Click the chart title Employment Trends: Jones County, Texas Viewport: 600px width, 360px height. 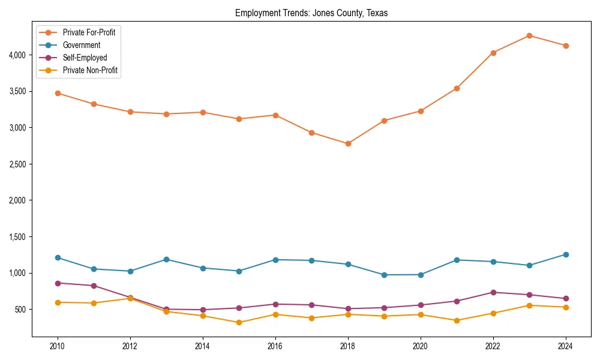pyautogui.click(x=311, y=13)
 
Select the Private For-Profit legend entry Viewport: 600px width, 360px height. pyautogui.click(x=89, y=32)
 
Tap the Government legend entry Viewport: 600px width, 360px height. pyautogui.click(x=81, y=45)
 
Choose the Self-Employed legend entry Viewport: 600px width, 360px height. pyautogui.click(x=85, y=58)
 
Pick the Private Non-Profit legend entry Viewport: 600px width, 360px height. pyautogui.click(x=90, y=70)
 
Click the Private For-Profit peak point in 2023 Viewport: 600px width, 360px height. pyautogui.click(x=529, y=35)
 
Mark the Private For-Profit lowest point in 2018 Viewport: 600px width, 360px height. pyautogui.click(x=348, y=143)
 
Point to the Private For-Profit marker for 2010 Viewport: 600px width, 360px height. pyautogui.click(x=58, y=93)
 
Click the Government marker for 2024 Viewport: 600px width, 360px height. pyautogui.click(x=566, y=254)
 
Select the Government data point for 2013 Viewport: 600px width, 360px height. pyautogui.click(x=166, y=259)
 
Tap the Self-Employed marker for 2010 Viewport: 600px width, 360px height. pyautogui.click(x=58, y=283)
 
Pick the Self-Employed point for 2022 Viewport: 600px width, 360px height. pyautogui.click(x=493, y=292)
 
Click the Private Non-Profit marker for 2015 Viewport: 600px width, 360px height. pyautogui.click(x=239, y=322)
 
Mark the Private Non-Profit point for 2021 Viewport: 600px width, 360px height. pyautogui.click(x=457, y=320)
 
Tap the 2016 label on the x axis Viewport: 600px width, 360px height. pyautogui.click(x=275, y=346)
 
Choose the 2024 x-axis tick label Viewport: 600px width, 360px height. pyautogui.click(x=566, y=346)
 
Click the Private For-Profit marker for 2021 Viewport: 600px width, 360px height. pyautogui.click(x=457, y=88)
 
